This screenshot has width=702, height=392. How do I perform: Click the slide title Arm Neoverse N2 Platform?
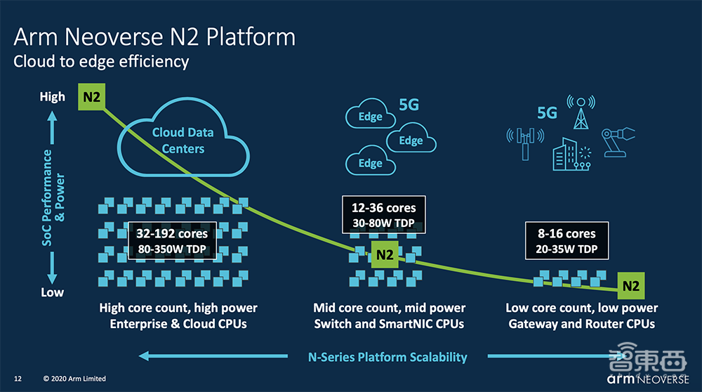pos(154,36)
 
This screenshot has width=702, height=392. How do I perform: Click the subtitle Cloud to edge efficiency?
pos(101,62)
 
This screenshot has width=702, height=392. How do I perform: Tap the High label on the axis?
pos(52,97)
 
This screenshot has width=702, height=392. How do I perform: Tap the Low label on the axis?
pos(52,292)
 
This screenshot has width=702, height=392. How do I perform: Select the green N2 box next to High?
pos(91,98)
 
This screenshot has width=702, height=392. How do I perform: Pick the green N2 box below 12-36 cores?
pos(385,255)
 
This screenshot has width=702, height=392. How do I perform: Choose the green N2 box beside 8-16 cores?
pos(631,286)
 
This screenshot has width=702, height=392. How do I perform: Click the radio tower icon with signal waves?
pos(580,112)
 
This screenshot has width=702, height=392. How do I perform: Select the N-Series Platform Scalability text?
pos(388,357)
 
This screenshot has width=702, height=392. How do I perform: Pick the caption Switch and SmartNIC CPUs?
pos(389,324)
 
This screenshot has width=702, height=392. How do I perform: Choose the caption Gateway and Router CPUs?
pos(581,324)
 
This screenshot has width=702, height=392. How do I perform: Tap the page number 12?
pos(18,379)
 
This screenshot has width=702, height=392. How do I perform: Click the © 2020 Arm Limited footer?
pos(74,379)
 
